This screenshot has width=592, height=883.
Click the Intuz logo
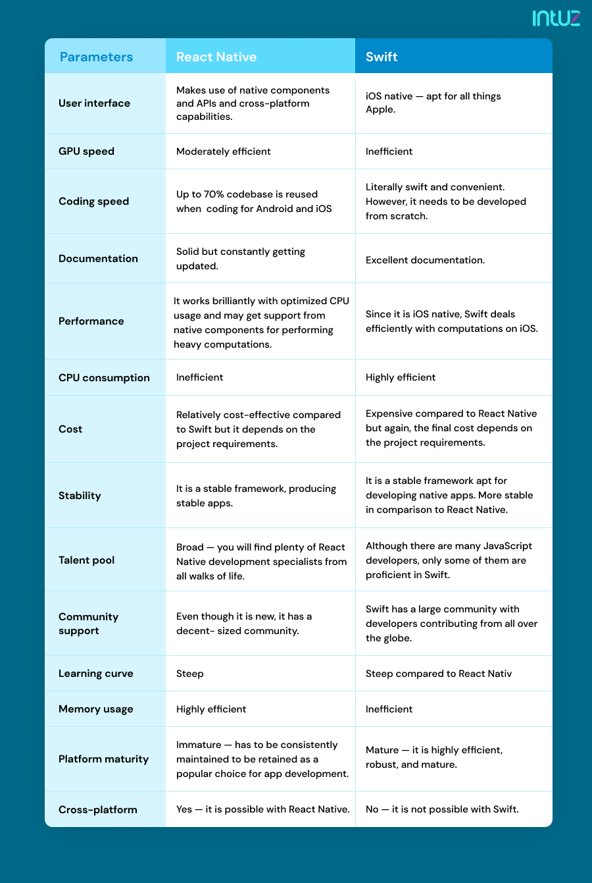click(556, 18)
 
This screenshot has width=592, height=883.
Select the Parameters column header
click(96, 57)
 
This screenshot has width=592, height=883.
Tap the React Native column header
click(216, 57)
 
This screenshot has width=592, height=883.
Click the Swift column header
click(382, 57)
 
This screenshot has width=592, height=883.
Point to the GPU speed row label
click(86, 151)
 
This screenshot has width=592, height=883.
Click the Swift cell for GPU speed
click(389, 151)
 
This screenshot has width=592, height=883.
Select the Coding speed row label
click(93, 201)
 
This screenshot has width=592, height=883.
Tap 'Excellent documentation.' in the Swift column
click(425, 260)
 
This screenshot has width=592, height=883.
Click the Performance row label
click(91, 321)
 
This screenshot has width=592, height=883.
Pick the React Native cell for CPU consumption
click(199, 377)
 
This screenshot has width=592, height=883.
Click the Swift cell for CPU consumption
click(401, 377)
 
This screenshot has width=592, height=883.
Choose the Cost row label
click(70, 429)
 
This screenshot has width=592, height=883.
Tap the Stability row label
click(80, 496)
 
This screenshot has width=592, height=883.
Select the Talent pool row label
click(86, 560)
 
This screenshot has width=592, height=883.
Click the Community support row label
click(88, 624)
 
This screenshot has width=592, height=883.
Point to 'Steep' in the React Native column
click(189, 674)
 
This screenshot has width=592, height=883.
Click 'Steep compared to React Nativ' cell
click(439, 674)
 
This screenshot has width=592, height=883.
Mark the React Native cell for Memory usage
click(211, 709)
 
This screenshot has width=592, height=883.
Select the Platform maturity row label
click(103, 759)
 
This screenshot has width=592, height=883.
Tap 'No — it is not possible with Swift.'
click(442, 809)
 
